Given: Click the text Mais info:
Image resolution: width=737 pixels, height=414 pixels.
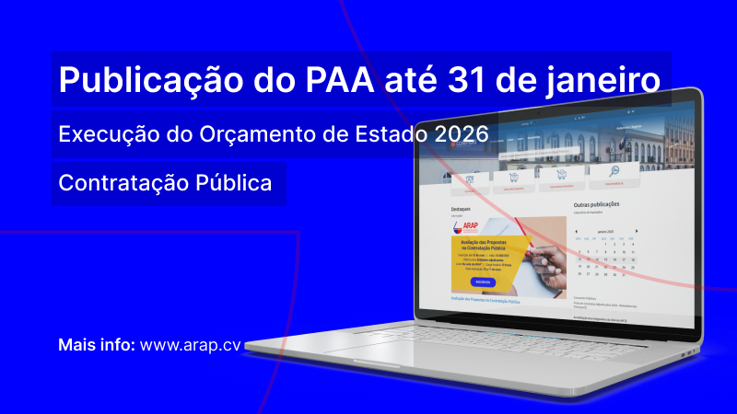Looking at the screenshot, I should [97, 345].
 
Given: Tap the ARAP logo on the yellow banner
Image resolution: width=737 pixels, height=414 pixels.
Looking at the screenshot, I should [466, 229].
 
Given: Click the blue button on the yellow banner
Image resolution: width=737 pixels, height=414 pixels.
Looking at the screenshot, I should [483, 282].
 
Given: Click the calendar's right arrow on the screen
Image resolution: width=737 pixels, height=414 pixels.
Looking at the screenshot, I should [637, 231].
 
